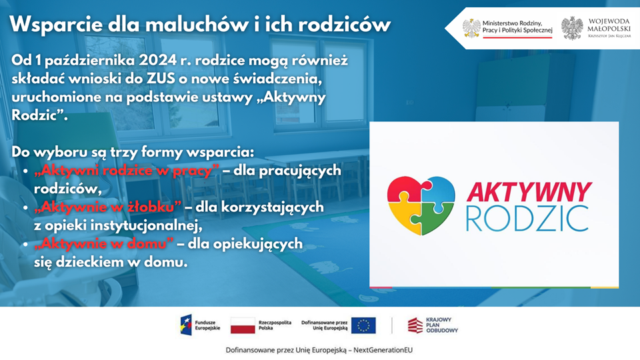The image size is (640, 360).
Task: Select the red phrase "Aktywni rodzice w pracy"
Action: pos(127,170)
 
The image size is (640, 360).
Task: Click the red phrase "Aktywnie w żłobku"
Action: pos(108,207)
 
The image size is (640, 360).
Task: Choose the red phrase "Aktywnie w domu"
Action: pos(104,244)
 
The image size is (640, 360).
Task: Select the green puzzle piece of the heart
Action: pos(435,219)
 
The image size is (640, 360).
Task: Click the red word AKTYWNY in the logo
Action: pos(529,192)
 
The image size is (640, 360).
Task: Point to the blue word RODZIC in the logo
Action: pos(527,219)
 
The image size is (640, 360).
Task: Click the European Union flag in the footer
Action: pos(363,325)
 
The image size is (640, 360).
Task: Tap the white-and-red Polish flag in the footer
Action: pos(243,325)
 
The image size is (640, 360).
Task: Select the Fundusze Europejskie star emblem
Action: pos(186,325)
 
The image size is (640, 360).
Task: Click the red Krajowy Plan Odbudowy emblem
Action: pos(415,325)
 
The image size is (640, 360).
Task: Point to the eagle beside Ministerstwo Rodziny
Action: pos(471,28)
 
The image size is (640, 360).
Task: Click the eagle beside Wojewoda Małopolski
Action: pos(572,28)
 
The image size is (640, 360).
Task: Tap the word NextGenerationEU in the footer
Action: pos(383,350)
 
